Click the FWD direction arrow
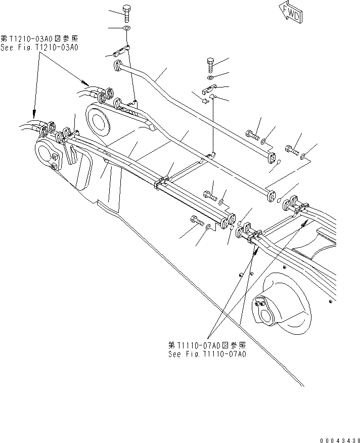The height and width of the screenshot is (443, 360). click(x=290, y=12)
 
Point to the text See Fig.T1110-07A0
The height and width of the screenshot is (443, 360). click(x=207, y=354)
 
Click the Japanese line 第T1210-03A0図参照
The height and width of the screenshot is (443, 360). click(x=40, y=39)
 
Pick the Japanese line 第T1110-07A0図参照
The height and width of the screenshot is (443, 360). click(x=207, y=345)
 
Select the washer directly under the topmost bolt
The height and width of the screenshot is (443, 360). click(x=126, y=28)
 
